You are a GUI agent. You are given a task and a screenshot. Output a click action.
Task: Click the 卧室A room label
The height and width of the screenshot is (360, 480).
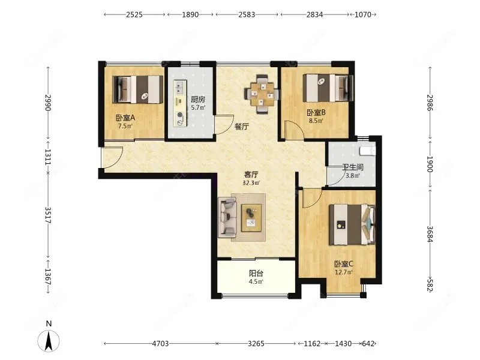pyautogui.click(x=125, y=118)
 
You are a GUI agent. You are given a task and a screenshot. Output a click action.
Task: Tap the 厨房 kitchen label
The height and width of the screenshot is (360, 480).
pyautogui.click(x=198, y=100)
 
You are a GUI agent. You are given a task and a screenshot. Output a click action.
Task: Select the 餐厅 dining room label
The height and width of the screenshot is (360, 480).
pyautogui.click(x=242, y=127)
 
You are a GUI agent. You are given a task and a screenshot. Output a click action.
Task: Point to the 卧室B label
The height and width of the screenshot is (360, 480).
pyautogui.click(x=316, y=113)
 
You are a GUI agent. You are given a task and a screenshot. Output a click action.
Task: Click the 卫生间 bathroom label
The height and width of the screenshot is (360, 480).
pyautogui.click(x=353, y=167)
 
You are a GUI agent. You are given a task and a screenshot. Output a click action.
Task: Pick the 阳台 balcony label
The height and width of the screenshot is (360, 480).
pyautogui.click(x=256, y=273)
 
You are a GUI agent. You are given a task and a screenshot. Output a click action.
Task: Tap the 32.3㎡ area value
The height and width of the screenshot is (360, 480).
pyautogui.click(x=251, y=183)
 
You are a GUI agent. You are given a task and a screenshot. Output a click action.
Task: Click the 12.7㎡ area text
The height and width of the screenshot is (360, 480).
pyautogui.click(x=344, y=272)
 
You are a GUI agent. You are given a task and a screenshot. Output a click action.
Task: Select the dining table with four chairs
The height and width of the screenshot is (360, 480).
pyautogui.click(x=262, y=95)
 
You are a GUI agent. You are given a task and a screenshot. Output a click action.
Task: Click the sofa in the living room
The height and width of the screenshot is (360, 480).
pyautogui.click(x=227, y=218)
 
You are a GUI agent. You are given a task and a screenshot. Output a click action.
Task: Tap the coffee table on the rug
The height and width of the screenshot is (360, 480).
pyautogui.click(x=251, y=218)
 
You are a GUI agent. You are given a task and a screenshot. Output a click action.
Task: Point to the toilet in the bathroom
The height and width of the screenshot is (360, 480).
pyautogui.click(x=367, y=151)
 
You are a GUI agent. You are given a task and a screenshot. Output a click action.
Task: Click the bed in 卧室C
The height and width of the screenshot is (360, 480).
pyautogui.click(x=352, y=224)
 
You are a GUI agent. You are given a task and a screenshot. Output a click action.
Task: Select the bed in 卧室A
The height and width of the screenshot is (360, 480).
pyautogui.click(x=138, y=89)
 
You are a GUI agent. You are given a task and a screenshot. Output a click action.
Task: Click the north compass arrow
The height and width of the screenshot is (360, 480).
pyautogui.click(x=49, y=340)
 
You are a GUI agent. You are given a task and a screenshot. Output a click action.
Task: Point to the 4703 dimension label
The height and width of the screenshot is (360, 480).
pyautogui.click(x=160, y=343)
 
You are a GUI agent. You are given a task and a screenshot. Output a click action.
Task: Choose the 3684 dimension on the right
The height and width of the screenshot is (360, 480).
pyautogui.click(x=430, y=234)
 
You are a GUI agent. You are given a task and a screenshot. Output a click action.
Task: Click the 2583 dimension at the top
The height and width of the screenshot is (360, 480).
pyautogui.click(x=247, y=14)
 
